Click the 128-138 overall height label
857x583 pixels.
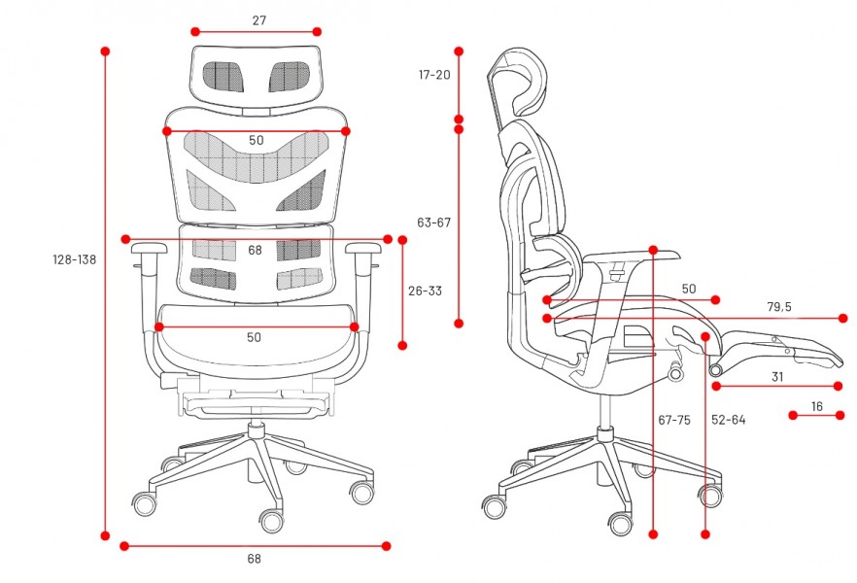74,259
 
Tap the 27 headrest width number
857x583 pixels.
259,20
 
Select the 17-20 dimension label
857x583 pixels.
434,75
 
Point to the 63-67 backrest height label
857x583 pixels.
434,223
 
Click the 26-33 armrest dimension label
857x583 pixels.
425,291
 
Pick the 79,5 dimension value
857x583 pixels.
779,306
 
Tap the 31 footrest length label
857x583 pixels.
777,376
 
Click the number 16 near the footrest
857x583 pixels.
816,406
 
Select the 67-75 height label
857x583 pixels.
674,420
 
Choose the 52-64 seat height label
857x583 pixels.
728,420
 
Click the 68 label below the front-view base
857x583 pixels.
255,559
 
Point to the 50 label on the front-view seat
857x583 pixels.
254,337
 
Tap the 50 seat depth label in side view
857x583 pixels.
689,289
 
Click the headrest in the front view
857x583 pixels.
256,77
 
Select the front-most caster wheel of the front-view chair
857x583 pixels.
272,521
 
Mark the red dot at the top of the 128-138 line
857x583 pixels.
106,51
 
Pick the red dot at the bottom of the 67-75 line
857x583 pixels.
653,533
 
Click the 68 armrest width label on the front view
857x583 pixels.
256,250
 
